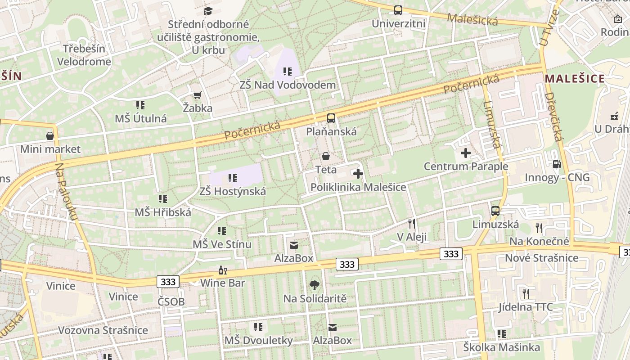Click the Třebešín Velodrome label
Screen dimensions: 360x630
[x=84, y=55]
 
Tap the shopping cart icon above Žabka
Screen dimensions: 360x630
[x=197, y=94]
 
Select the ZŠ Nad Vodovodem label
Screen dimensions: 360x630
[x=288, y=85]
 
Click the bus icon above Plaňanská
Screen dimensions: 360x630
[x=331, y=118]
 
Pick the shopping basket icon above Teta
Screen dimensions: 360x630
[x=326, y=156]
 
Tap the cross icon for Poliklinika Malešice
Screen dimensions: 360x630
[x=358, y=174]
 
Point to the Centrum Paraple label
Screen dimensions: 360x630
[x=466, y=166]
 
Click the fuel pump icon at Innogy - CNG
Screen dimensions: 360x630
[x=557, y=164]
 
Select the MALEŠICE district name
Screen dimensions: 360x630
[x=575, y=79]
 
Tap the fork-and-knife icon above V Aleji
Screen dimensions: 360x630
[x=411, y=223]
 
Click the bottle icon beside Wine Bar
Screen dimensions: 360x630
[x=221, y=270]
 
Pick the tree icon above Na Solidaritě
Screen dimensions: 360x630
[x=315, y=285]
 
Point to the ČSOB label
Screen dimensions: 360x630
[x=171, y=301]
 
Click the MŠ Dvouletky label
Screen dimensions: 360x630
[x=258, y=340]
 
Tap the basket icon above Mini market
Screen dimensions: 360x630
[x=50, y=135]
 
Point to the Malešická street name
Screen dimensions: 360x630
[x=472, y=19]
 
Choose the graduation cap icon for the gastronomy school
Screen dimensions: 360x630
[x=208, y=11]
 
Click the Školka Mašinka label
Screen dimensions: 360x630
[x=501, y=347]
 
